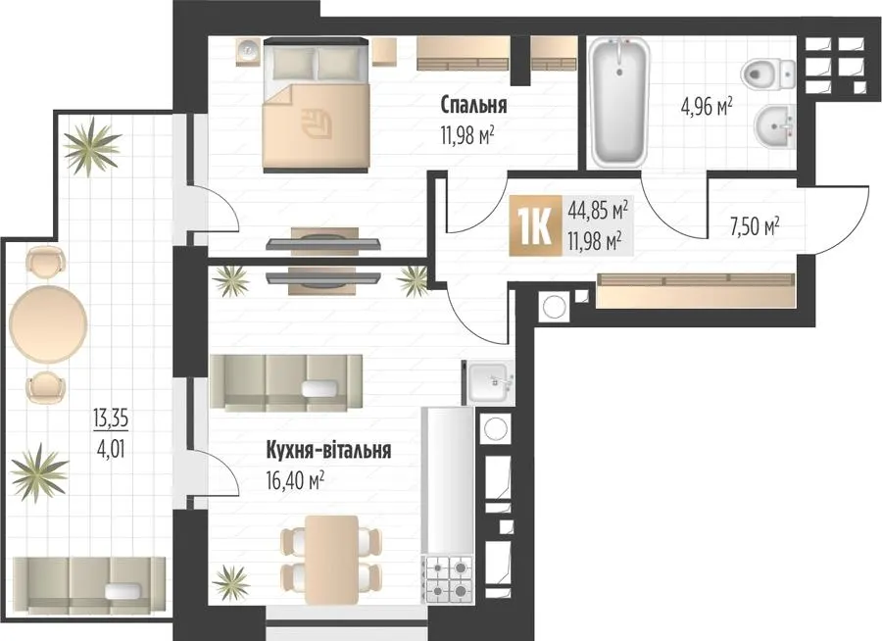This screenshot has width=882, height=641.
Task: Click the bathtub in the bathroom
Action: tap(618, 103)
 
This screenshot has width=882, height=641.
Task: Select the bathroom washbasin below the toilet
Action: tap(774, 127)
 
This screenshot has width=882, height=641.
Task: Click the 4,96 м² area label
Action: tap(707, 105)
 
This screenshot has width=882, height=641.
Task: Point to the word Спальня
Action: tap(473, 105)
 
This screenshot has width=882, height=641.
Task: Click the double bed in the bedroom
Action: tap(317, 105)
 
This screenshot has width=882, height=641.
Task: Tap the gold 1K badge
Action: tap(535, 225)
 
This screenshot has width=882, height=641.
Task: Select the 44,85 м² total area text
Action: tap(598, 212)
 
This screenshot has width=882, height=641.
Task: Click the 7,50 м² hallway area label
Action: tap(752, 226)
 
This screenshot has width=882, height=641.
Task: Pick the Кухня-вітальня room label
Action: tap(328, 451)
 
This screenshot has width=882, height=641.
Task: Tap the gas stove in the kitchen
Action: tap(449, 579)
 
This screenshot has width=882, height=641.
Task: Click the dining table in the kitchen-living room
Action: tap(332, 560)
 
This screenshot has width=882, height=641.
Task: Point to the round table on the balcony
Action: tap(48, 323)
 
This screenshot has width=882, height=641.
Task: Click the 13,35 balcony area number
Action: tap(111, 419)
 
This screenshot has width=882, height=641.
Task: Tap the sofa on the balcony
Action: tap(89, 585)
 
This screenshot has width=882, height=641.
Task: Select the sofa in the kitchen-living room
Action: tap(286, 382)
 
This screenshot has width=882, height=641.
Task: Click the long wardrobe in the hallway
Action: tap(696, 290)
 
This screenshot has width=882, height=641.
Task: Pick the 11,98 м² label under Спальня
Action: tap(467, 135)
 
